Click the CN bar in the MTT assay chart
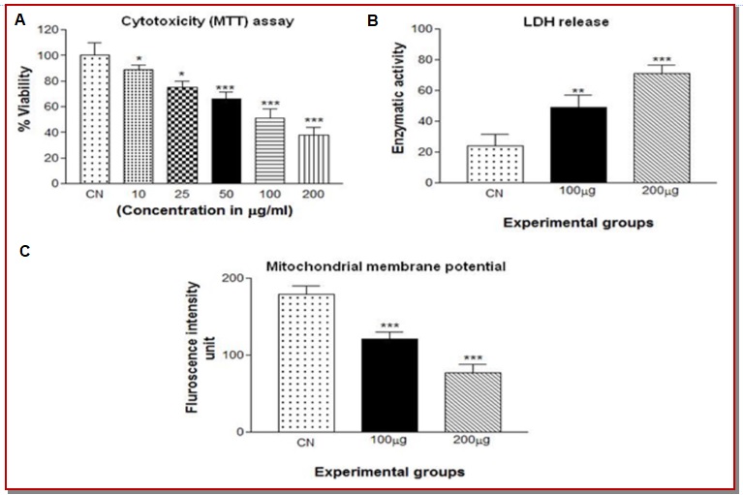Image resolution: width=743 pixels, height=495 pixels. tap(95, 118)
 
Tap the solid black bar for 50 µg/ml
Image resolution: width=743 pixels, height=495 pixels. tap(226, 140)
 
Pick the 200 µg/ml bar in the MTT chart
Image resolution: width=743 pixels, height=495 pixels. tap(314, 159)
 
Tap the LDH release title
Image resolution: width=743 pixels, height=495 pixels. tap(574, 21)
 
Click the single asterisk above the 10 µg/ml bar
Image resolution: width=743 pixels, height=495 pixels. tap(139, 61)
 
